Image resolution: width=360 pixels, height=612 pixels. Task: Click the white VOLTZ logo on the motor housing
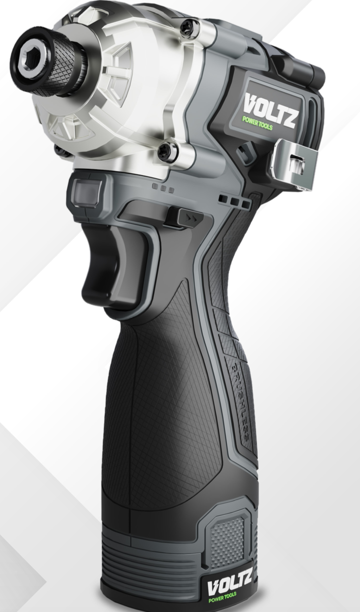pyautogui.click(x=270, y=110)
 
